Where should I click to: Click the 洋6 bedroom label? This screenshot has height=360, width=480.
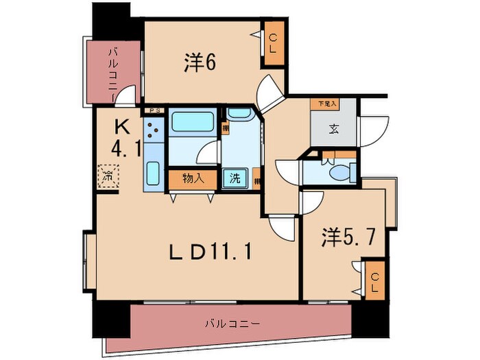coord(200,62)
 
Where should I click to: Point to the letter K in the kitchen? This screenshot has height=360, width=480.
coord(121,127)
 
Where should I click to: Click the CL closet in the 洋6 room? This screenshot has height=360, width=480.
coord(273,44)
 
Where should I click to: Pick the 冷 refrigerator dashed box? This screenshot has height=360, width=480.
coord(108,176)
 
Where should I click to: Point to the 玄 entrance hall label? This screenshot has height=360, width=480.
coord(333,128)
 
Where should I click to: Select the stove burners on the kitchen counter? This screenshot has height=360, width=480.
coord(154,130)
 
